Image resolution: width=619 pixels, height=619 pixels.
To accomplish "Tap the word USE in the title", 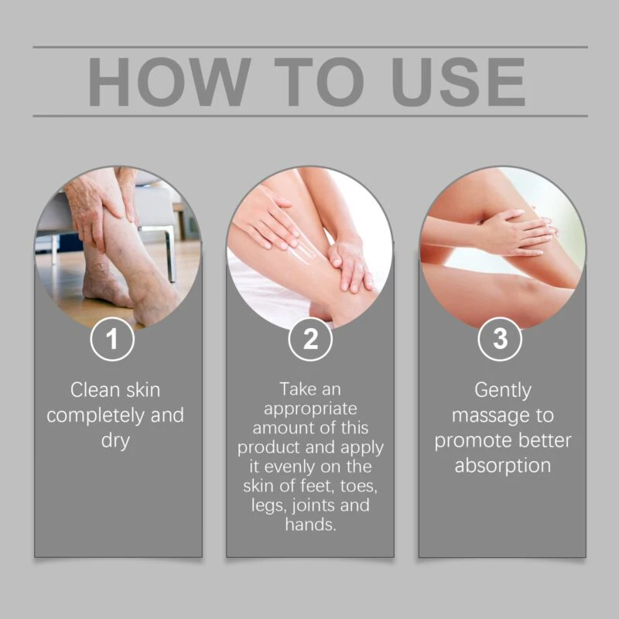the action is pyautogui.click(x=458, y=82).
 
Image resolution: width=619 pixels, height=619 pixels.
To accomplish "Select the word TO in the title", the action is pyautogui.click(x=319, y=82).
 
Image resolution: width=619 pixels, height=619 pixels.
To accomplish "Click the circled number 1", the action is pyautogui.click(x=112, y=339).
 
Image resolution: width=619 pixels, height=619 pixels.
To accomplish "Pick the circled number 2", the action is pyautogui.click(x=310, y=339).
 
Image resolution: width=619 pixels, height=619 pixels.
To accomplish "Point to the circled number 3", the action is pyautogui.click(x=500, y=339).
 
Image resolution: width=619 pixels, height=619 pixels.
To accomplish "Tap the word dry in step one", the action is pyautogui.click(x=115, y=441).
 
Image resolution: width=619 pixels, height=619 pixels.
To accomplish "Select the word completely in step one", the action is pyautogui.click(x=95, y=416).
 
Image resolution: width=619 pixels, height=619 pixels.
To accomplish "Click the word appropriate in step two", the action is pyautogui.click(x=310, y=409).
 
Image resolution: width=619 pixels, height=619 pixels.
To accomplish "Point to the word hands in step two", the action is pyautogui.click(x=310, y=525).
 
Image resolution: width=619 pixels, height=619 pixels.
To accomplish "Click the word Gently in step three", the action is pyautogui.click(x=502, y=391).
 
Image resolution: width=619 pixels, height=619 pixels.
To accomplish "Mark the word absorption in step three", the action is pyautogui.click(x=502, y=466).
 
